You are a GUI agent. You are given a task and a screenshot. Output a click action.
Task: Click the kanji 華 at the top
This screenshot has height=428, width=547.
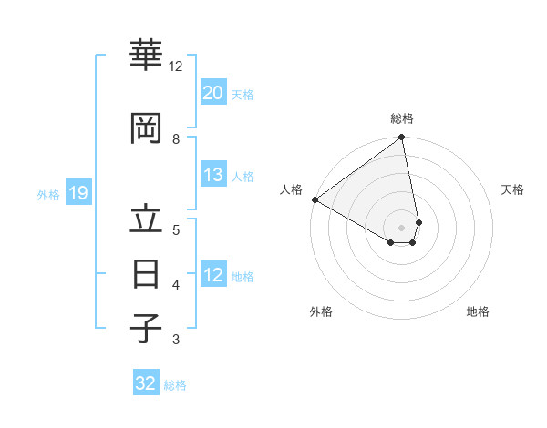(x=146, y=56)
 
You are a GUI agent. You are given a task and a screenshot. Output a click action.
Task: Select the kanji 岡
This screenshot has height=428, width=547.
(x=146, y=128)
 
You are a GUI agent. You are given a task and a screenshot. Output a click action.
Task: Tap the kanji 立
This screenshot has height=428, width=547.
(x=146, y=221)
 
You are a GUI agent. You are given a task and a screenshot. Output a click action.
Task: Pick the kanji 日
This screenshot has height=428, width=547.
(x=146, y=273)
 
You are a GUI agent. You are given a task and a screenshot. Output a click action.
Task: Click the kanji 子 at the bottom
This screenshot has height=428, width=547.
(x=146, y=329)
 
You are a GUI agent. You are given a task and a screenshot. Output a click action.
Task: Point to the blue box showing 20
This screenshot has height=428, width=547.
(x=213, y=93)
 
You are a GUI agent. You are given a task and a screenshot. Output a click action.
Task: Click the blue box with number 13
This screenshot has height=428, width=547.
(x=213, y=176)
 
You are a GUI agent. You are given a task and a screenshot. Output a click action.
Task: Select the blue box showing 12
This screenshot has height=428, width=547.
(x=213, y=276)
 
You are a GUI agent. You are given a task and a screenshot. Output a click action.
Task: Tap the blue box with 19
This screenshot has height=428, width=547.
(x=77, y=193)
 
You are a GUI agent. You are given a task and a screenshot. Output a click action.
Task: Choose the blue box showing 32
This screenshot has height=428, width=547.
(x=146, y=383)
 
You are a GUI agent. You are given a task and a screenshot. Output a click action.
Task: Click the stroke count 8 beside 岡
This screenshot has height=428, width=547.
(x=176, y=138)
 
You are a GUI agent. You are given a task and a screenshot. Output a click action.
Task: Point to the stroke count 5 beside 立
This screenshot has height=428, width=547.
(x=176, y=229)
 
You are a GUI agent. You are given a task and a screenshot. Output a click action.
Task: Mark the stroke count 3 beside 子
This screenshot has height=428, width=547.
(x=176, y=340)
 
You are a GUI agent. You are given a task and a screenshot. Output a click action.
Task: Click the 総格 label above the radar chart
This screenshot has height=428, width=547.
(x=402, y=118)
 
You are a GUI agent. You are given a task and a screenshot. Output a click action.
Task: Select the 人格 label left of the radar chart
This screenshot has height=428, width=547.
(x=292, y=189)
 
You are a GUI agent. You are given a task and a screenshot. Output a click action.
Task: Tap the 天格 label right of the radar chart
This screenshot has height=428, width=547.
(x=512, y=189)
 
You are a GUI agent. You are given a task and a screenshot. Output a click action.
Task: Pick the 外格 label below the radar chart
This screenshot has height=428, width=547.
(x=321, y=311)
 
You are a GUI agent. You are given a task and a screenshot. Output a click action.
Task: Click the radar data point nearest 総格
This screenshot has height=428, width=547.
(x=401, y=138)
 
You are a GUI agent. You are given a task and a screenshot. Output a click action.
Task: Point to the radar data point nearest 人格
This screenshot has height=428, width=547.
(x=315, y=199)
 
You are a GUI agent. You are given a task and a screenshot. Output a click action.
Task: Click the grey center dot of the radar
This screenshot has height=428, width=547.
(x=402, y=228)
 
